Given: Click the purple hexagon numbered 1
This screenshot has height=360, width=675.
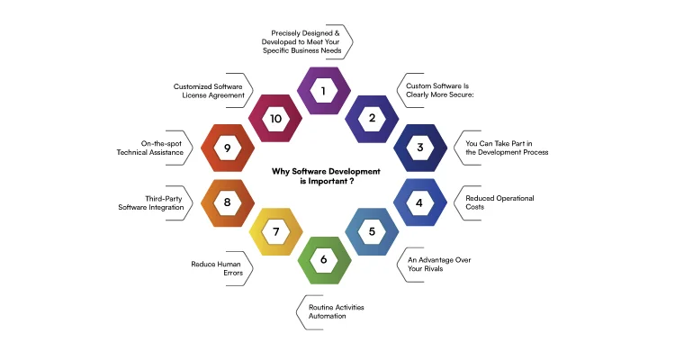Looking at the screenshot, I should [x=322, y=91].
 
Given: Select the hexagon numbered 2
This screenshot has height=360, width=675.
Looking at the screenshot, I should [x=372, y=118].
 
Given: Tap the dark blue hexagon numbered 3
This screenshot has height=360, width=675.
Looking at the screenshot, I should [x=420, y=148].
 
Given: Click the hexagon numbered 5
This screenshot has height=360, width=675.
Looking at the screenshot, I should [x=372, y=231].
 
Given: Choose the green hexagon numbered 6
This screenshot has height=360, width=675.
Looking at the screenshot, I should [x=322, y=260].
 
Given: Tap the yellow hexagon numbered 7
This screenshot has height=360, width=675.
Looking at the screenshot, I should [x=274, y=231].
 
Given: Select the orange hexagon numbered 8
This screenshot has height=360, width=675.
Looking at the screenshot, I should [x=227, y=202].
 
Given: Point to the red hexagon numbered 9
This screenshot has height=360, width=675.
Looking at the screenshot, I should [x=227, y=148].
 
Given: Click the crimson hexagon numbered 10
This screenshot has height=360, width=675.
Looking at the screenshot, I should [x=274, y=118].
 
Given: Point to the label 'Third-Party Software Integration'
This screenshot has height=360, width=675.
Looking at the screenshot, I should [x=151, y=202].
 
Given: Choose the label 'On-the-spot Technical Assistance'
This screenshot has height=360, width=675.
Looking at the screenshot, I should [x=149, y=148].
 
